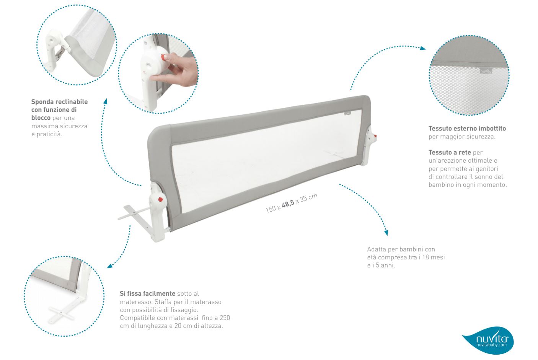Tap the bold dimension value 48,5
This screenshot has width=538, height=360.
(288, 204)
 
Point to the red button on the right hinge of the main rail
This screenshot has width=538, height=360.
(375, 137)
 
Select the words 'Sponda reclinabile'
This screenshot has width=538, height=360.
(60, 102)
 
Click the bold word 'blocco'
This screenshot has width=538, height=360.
(41, 118)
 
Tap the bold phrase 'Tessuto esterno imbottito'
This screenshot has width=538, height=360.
(467, 129)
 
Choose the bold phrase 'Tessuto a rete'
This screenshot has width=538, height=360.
(450, 153)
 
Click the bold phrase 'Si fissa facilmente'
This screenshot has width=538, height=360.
(147, 293)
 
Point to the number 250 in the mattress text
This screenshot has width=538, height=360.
(225, 318)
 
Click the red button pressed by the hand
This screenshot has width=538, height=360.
(163, 57)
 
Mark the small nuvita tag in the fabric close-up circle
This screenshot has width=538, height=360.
(486, 71)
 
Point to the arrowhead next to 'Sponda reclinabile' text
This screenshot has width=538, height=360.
(106, 101)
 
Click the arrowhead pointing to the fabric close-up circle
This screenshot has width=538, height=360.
(423, 48)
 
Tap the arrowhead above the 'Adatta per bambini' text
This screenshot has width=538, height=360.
(386, 233)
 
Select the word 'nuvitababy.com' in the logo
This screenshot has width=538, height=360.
(491, 345)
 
